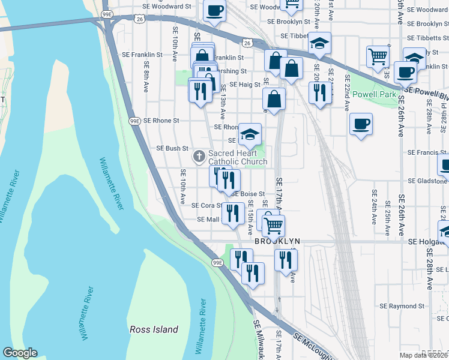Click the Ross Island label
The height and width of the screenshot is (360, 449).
click(x=154, y=329)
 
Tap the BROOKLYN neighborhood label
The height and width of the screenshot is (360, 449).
click(x=277, y=241)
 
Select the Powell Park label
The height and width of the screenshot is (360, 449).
click(x=375, y=94)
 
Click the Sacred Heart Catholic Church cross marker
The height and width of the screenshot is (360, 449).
click(x=199, y=157)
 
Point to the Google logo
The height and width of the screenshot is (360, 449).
click(x=20, y=353)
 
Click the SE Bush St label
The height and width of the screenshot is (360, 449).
click(x=172, y=148)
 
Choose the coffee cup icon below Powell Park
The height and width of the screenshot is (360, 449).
click(x=360, y=124)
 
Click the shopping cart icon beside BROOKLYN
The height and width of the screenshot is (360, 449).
click(x=273, y=226)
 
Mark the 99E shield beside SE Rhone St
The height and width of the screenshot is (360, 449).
click(x=134, y=121)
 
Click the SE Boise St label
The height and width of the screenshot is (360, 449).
click(x=248, y=194)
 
